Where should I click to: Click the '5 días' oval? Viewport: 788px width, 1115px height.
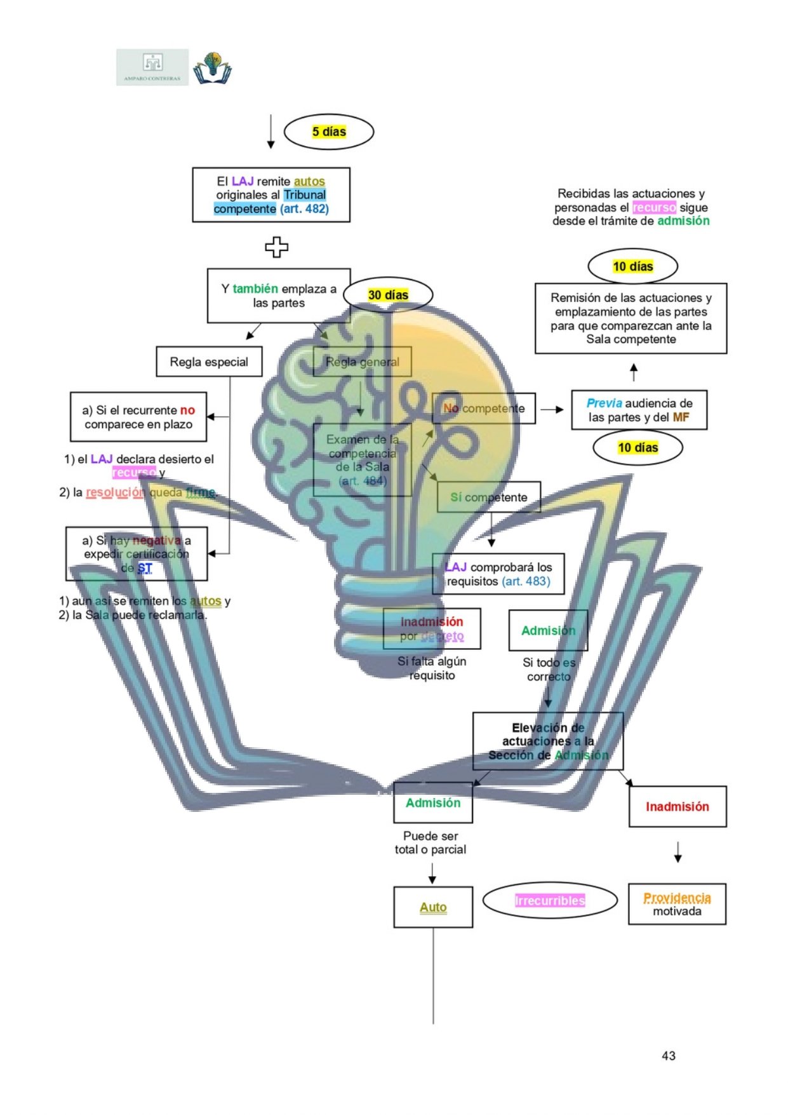[x=328, y=132]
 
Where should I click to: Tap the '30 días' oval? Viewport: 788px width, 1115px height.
[x=388, y=295]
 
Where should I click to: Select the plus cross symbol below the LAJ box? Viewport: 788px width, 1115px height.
[x=276, y=247]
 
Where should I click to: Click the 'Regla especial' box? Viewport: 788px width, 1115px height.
[x=209, y=362]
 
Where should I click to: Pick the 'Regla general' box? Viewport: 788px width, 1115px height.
[x=362, y=362]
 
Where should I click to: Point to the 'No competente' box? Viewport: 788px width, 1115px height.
[x=484, y=409]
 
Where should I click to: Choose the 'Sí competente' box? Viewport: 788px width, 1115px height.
[x=488, y=497]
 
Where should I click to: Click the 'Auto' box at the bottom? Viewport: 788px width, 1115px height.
[x=433, y=907]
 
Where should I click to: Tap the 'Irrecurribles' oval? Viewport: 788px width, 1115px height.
[x=550, y=901]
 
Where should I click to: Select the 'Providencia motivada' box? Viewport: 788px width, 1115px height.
[x=677, y=904]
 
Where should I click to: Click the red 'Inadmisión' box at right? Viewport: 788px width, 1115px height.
[x=677, y=807]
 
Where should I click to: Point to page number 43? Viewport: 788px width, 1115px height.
[x=668, y=1055]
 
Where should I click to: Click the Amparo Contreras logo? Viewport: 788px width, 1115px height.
[x=152, y=67]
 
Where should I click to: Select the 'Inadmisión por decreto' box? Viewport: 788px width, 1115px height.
[x=432, y=629]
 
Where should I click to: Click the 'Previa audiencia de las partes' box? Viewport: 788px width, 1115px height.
[x=639, y=410]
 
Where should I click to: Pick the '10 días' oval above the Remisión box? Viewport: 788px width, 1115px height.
[x=632, y=267]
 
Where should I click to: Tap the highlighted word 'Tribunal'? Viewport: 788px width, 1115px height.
[x=305, y=195]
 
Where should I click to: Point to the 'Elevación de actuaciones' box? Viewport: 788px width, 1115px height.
[x=548, y=741]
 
